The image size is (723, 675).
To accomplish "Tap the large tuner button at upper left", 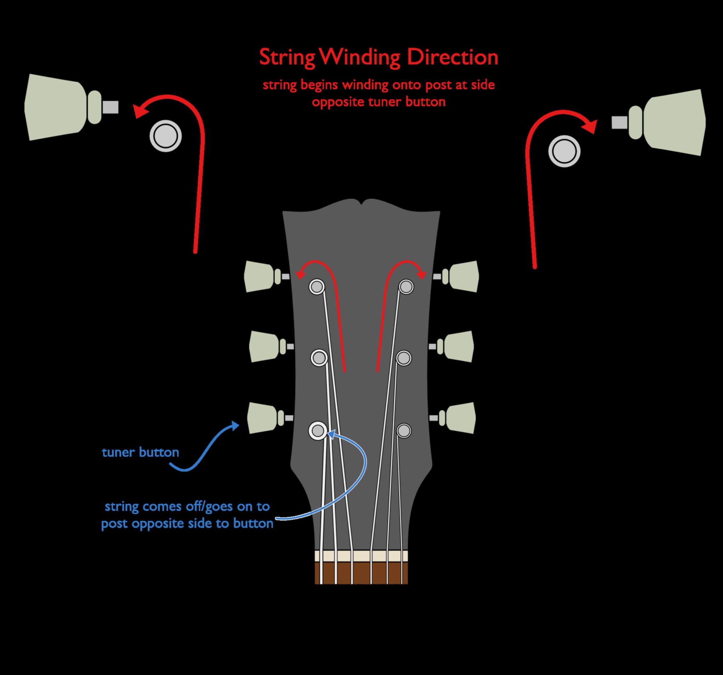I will pos(55,107).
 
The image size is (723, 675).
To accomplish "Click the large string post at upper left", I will pos(166,136).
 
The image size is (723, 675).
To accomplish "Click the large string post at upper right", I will pos(564,151).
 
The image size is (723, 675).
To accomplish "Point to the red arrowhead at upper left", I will pos(140,110).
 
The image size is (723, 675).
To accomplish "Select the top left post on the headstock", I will pos(317,287).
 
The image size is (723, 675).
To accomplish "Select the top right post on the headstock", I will pos(406,287).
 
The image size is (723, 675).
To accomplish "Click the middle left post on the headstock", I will pos(319,358).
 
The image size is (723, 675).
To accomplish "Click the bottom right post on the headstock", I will pos(404,431).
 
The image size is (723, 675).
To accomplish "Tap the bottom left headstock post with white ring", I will pos(318,431).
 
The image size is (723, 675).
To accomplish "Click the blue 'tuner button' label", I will pos(140,452).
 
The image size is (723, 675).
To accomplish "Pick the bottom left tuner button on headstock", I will pos(262,418).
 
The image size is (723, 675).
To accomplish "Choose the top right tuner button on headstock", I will pos(464,276).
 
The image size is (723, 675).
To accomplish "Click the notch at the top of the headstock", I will pos(362,202).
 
